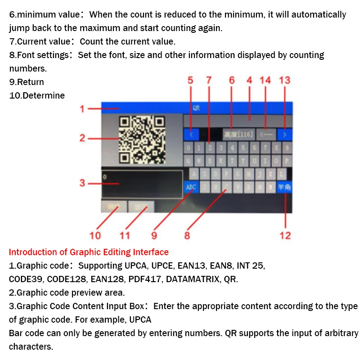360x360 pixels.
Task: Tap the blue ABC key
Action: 190,186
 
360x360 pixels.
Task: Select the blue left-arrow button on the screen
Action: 191,134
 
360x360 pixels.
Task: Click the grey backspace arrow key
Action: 265,134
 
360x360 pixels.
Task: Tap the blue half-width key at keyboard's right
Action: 284,186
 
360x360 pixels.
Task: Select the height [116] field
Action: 238,134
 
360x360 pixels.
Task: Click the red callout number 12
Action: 285,235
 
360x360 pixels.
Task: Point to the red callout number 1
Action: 82,109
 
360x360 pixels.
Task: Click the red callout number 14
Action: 265,80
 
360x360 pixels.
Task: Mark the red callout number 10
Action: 95,235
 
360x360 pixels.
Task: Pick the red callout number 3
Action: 82,183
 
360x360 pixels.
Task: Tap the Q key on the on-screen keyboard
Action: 188,161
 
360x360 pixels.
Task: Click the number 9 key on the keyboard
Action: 287,148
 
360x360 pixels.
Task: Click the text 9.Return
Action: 27,82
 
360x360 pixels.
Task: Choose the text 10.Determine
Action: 37,95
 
